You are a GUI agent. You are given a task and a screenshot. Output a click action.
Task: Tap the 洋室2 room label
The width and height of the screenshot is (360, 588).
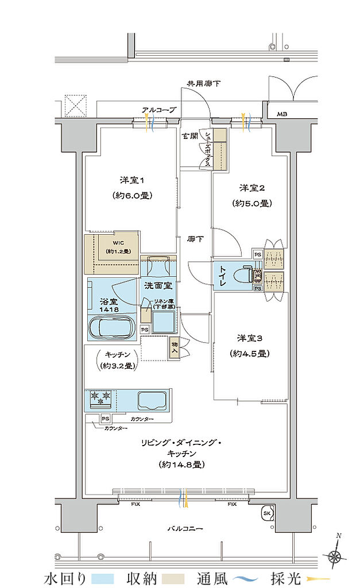point(251,188)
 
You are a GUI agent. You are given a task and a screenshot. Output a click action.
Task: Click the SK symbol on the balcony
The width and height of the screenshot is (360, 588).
point(267,513)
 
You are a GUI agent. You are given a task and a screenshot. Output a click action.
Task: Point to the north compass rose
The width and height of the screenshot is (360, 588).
point(334,555)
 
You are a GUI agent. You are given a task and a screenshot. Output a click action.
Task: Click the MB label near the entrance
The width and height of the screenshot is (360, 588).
point(282,114)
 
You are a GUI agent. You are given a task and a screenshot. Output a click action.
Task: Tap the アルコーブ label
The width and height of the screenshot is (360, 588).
point(158,109)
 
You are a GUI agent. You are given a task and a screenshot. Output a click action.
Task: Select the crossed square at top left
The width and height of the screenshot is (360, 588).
point(75,105)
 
